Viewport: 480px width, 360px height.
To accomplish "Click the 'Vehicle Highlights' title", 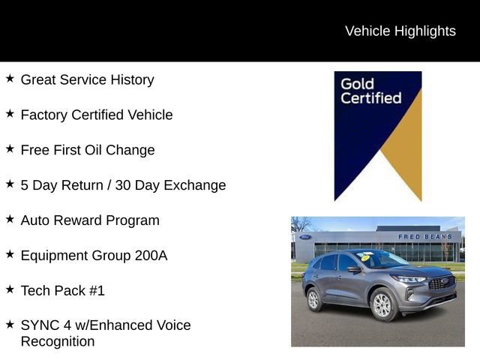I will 400,31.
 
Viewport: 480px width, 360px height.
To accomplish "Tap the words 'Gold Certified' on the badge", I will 370,90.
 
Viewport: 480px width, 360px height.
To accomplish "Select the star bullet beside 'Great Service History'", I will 10,78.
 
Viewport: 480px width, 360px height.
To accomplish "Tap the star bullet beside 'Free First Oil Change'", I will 10,148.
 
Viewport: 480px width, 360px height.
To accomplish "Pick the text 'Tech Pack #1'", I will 62,291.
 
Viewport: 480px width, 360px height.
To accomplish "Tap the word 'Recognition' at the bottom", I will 58,342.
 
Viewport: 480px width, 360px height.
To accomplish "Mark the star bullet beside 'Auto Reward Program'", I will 10,219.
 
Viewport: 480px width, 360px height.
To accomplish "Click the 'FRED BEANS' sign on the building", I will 424,237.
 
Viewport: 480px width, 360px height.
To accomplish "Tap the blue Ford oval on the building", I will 305,237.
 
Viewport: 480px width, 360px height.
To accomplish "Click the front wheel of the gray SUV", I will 382,304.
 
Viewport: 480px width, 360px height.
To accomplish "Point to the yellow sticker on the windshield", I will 366,257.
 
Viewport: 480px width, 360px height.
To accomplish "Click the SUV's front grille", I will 442,283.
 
